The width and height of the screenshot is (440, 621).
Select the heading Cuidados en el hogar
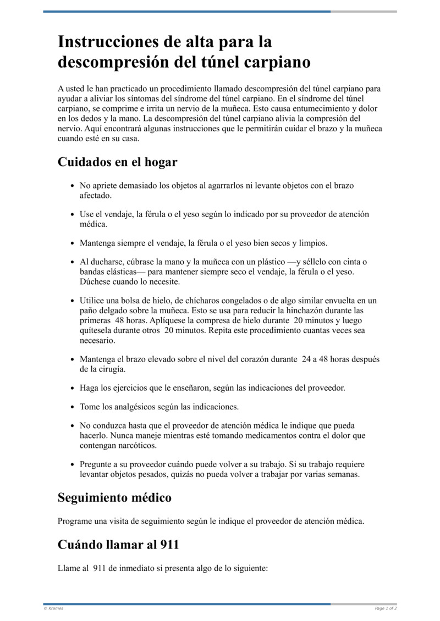click(x=117, y=163)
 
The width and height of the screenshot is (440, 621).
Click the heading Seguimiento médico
click(x=114, y=498)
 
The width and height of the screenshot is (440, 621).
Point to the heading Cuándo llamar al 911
click(x=118, y=545)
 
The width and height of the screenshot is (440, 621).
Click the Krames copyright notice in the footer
click(x=53, y=608)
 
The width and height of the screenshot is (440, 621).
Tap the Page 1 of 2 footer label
click(x=386, y=608)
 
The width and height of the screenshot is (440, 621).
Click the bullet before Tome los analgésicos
click(x=73, y=407)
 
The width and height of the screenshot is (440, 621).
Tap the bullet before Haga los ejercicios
click(x=73, y=388)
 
